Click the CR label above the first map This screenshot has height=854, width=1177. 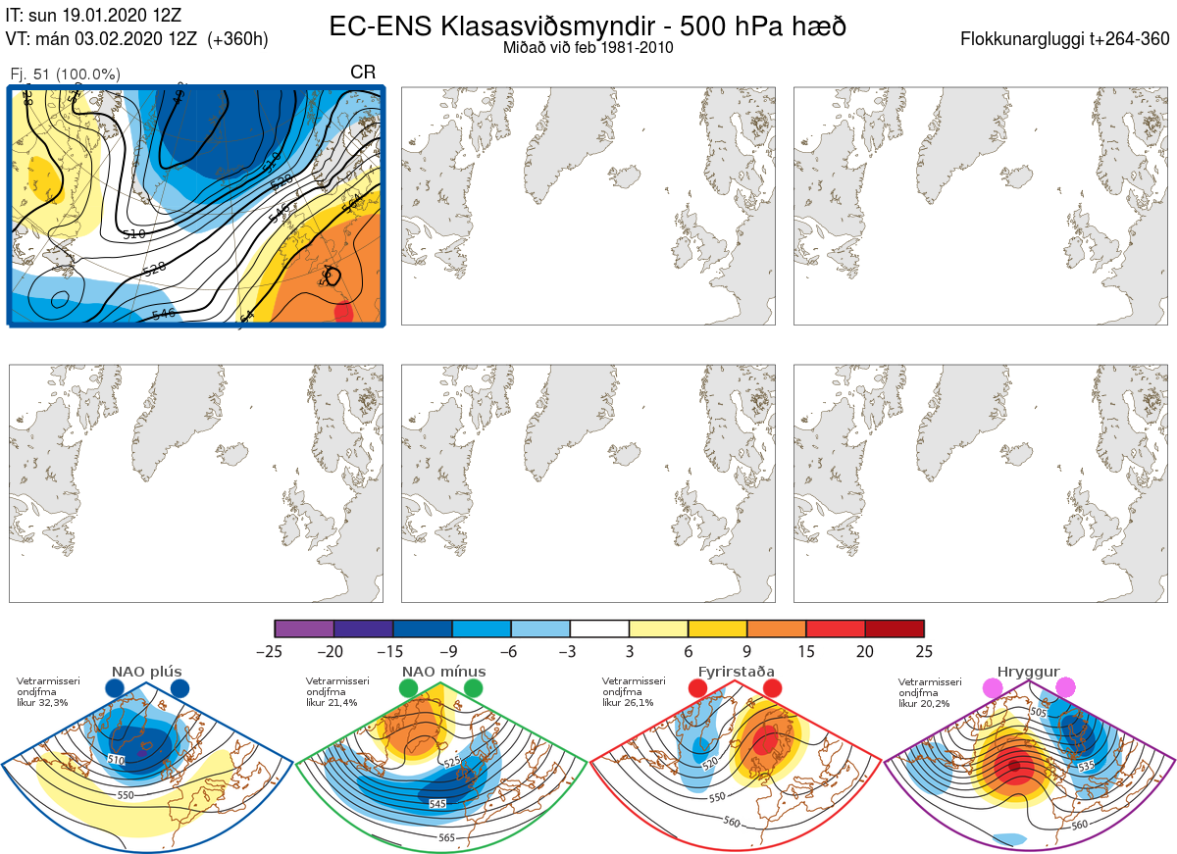pyautogui.click(x=363, y=72)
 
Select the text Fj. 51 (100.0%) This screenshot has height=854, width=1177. pyautogui.click(x=65, y=75)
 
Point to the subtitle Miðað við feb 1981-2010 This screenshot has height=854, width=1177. pyautogui.click(x=588, y=47)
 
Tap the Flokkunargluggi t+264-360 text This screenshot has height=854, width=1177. pyautogui.click(x=1066, y=39)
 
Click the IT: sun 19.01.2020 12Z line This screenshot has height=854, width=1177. pyautogui.click(x=93, y=15)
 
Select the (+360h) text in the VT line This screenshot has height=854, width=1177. pyautogui.click(x=237, y=39)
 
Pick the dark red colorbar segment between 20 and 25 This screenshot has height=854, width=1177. pyautogui.click(x=895, y=628)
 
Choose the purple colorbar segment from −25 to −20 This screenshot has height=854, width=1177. pyautogui.click(x=304, y=628)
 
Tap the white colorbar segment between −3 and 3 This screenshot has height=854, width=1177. pyautogui.click(x=599, y=628)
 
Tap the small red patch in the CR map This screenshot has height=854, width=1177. pyautogui.click(x=343, y=313)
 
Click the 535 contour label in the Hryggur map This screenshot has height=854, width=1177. pyautogui.click(x=1086, y=765)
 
